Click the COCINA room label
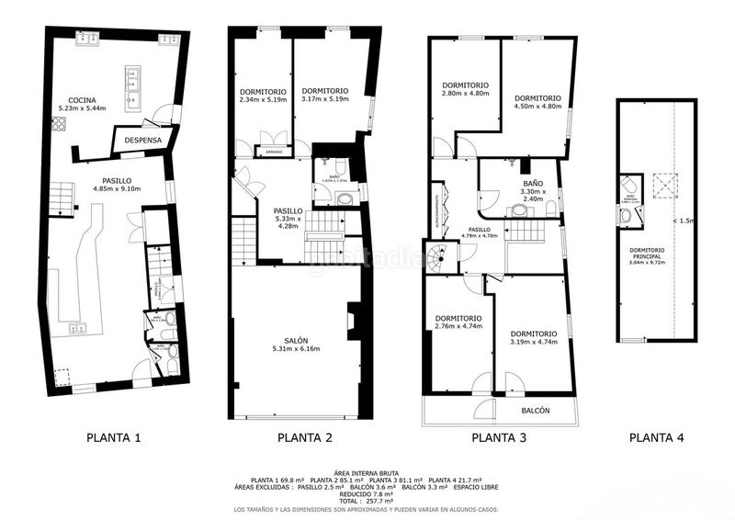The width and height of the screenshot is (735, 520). pyautogui.click(x=82, y=99)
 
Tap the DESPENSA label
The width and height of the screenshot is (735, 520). pyautogui.click(x=142, y=141)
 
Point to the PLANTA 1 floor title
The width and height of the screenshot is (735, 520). pyautogui.click(x=113, y=438)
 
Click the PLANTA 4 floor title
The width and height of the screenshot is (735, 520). pyautogui.click(x=656, y=438)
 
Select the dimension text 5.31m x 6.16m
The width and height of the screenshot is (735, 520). pyautogui.click(x=294, y=349)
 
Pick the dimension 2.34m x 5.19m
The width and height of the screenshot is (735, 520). pyautogui.click(x=263, y=99)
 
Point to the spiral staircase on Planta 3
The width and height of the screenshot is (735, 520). pyautogui.click(x=440, y=256)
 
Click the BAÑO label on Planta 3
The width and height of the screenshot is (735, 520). pyautogui.click(x=533, y=184)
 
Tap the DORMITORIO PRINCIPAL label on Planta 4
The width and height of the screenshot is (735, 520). pyautogui.click(x=654, y=254)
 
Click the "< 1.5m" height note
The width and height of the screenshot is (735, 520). pyautogui.click(x=685, y=220)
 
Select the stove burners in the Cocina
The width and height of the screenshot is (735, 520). pyautogui.click(x=60, y=125)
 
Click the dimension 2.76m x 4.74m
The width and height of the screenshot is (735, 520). pyautogui.click(x=457, y=326)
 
